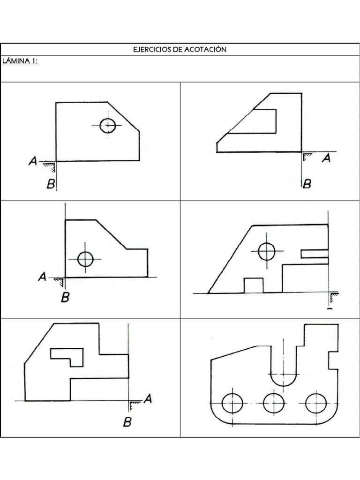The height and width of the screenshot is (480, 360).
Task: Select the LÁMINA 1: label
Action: tap(21, 61)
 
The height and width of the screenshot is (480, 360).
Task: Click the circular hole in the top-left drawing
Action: tap(108, 125)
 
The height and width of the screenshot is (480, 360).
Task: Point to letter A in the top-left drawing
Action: tap(33, 161)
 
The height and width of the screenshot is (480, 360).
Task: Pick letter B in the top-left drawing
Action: tap(51, 184)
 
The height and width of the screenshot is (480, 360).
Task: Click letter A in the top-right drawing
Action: tap(326, 158)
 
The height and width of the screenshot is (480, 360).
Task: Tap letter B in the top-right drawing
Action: tap(307, 184)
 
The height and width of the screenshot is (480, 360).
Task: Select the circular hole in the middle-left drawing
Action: tap(85, 259)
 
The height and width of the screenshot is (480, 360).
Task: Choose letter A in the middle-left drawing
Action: tap(42, 277)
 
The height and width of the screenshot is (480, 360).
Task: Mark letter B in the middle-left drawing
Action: tap(65, 297)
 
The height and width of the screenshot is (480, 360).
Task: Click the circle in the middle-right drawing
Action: tap(266, 251)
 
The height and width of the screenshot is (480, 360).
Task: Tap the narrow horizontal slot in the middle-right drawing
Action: tap(315, 254)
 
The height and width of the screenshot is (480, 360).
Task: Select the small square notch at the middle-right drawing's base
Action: tap(254, 285)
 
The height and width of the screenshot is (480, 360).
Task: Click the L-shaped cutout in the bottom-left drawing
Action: tap(67, 355)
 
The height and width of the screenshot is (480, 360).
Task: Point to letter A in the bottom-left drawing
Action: tap(148, 398)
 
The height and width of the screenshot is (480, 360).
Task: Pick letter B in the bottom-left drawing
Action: tap(127, 422)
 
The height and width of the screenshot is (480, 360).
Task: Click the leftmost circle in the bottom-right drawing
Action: tap(232, 403)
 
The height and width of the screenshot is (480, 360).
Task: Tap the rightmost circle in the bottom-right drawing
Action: tap(316, 403)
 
